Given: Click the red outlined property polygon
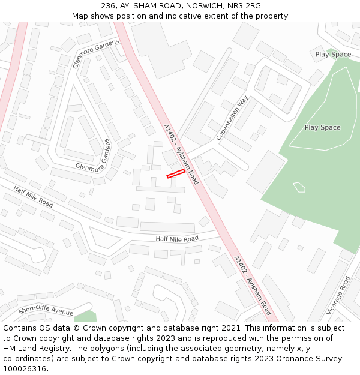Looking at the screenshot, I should [176, 173].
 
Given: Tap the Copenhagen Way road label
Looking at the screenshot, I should [232, 118].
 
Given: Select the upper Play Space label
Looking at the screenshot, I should [333, 55].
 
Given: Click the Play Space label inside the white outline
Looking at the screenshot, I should [322, 127].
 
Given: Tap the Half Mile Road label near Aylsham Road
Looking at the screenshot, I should [177, 239].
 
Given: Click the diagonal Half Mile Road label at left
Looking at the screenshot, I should [33, 197].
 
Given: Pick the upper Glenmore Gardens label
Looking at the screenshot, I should [96, 53].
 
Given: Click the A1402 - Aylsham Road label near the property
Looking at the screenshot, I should [181, 154].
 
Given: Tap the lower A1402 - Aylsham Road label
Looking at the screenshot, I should [252, 286].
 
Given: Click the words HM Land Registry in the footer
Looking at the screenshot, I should [35, 349].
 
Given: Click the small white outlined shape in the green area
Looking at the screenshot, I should [299, 187].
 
